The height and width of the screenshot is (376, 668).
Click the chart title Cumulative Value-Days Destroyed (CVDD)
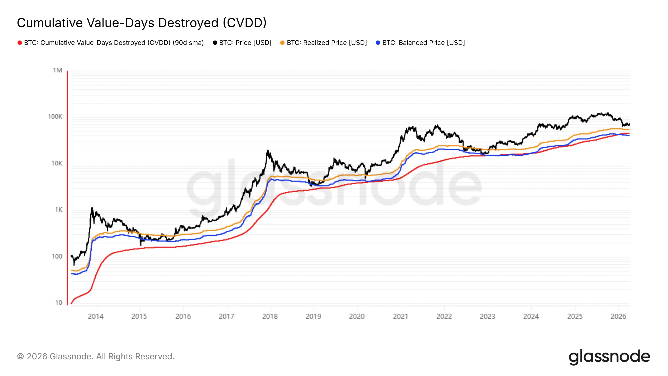point(142,23)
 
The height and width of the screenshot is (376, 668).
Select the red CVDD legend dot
point(19,43)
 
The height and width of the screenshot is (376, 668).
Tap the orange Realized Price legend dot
point(282,43)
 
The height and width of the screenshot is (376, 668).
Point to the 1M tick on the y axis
point(57,70)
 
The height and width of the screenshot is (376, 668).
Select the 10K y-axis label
point(57,163)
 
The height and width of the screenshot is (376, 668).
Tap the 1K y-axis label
point(58,210)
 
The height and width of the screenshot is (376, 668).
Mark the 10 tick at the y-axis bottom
point(59,302)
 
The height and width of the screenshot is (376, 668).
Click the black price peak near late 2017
point(268,151)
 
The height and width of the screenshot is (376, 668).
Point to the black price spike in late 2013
point(92,208)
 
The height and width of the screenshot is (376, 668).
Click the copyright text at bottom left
point(96,357)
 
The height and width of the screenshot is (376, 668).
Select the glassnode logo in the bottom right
point(609,357)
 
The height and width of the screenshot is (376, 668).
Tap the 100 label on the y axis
point(57,256)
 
